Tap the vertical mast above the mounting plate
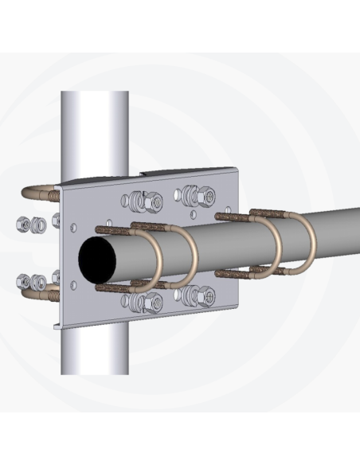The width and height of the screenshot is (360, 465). (95, 127)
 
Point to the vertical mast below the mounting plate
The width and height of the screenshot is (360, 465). (93, 350)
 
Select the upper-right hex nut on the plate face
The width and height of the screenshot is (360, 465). (205, 193)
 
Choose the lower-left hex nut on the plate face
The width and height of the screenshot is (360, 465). (151, 302)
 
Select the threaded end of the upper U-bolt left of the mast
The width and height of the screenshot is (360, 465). (53, 194)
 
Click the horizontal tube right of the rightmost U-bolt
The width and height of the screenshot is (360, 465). (338, 227)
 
